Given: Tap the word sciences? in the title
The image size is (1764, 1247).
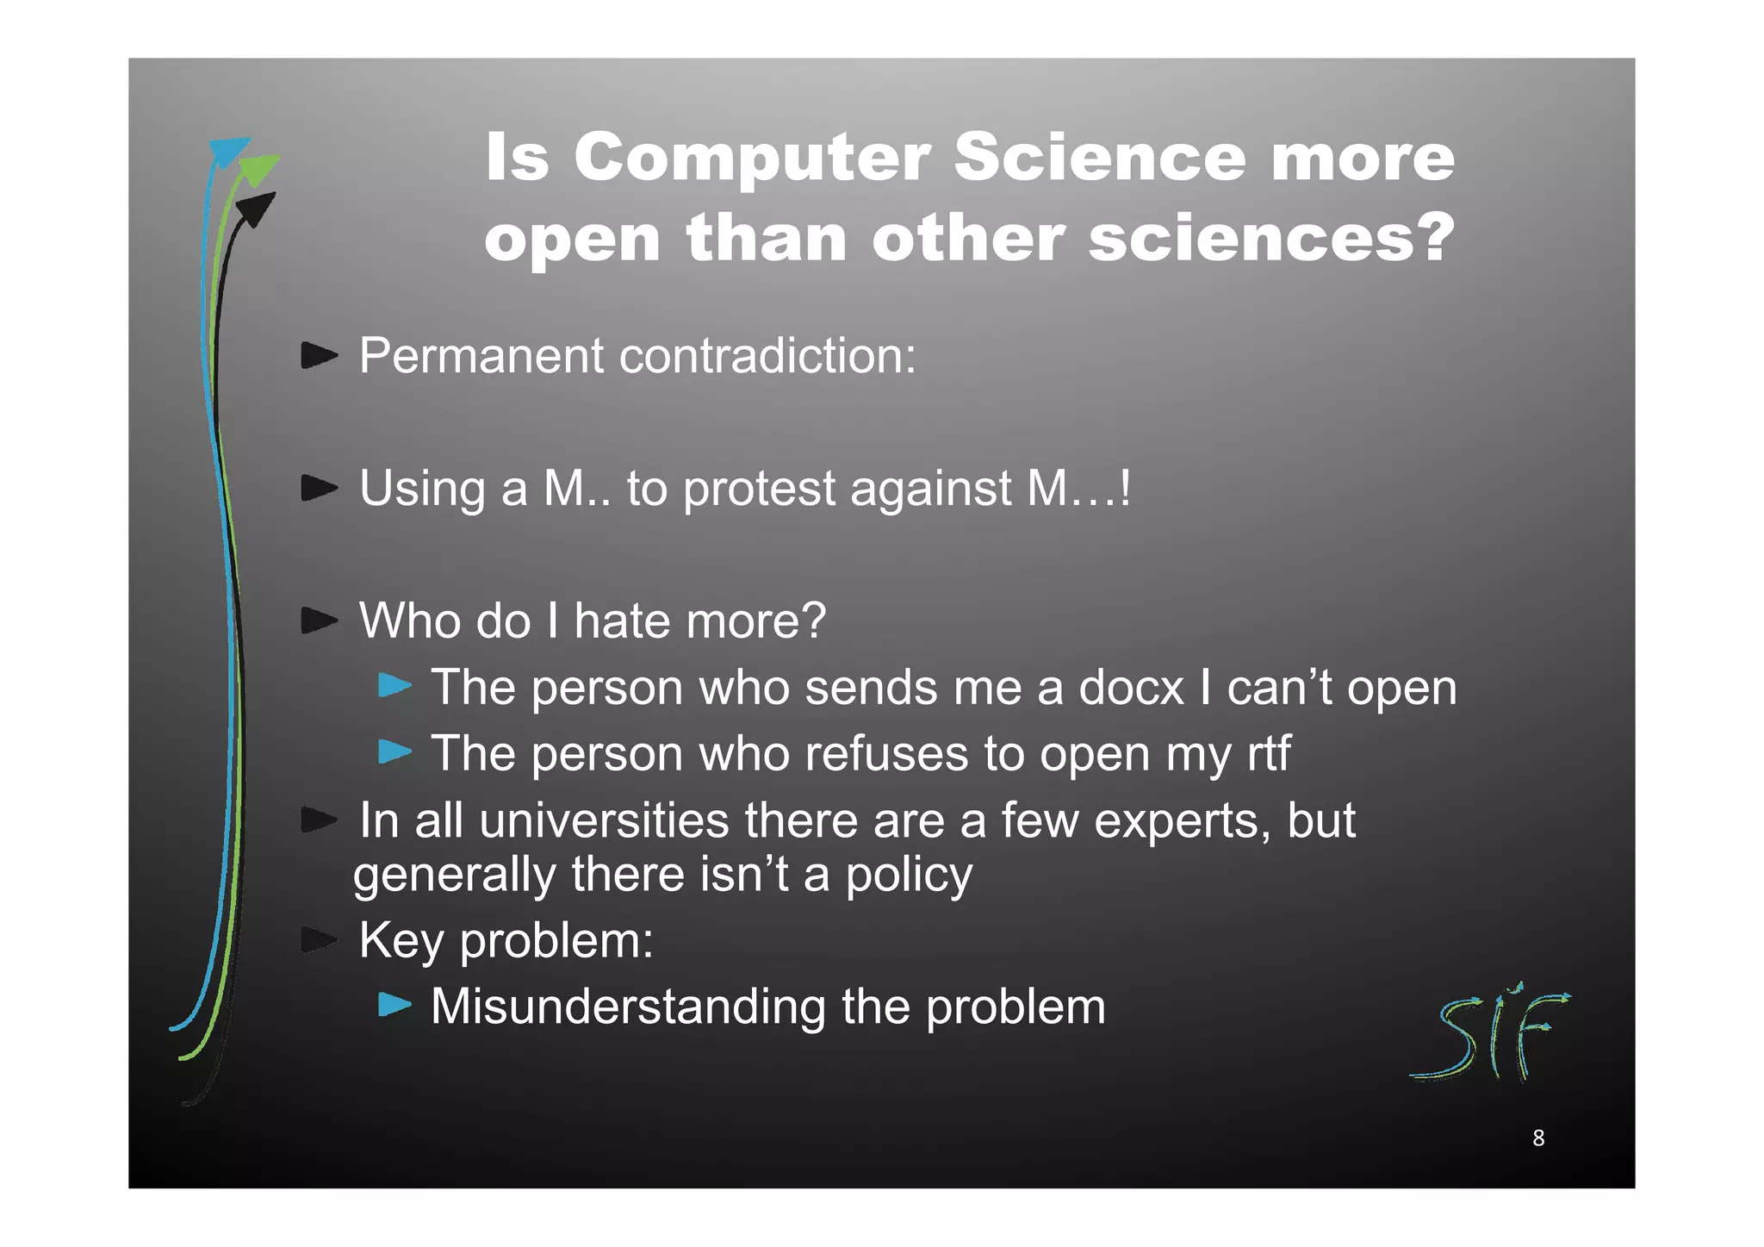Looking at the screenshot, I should pos(1271,239).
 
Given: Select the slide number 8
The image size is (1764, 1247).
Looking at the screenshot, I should pos(1538,1138).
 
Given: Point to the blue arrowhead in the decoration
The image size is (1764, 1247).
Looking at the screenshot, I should pos(228,152).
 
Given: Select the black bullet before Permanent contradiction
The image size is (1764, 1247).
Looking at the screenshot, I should pos(319,355).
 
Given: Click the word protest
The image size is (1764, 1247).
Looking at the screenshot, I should pos(758,489).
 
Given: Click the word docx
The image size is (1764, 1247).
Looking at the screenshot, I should pos(1131,688).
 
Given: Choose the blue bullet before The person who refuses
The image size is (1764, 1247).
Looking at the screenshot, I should pos(395,752).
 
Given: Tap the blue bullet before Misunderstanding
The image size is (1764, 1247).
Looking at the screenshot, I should pos(395,1005).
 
